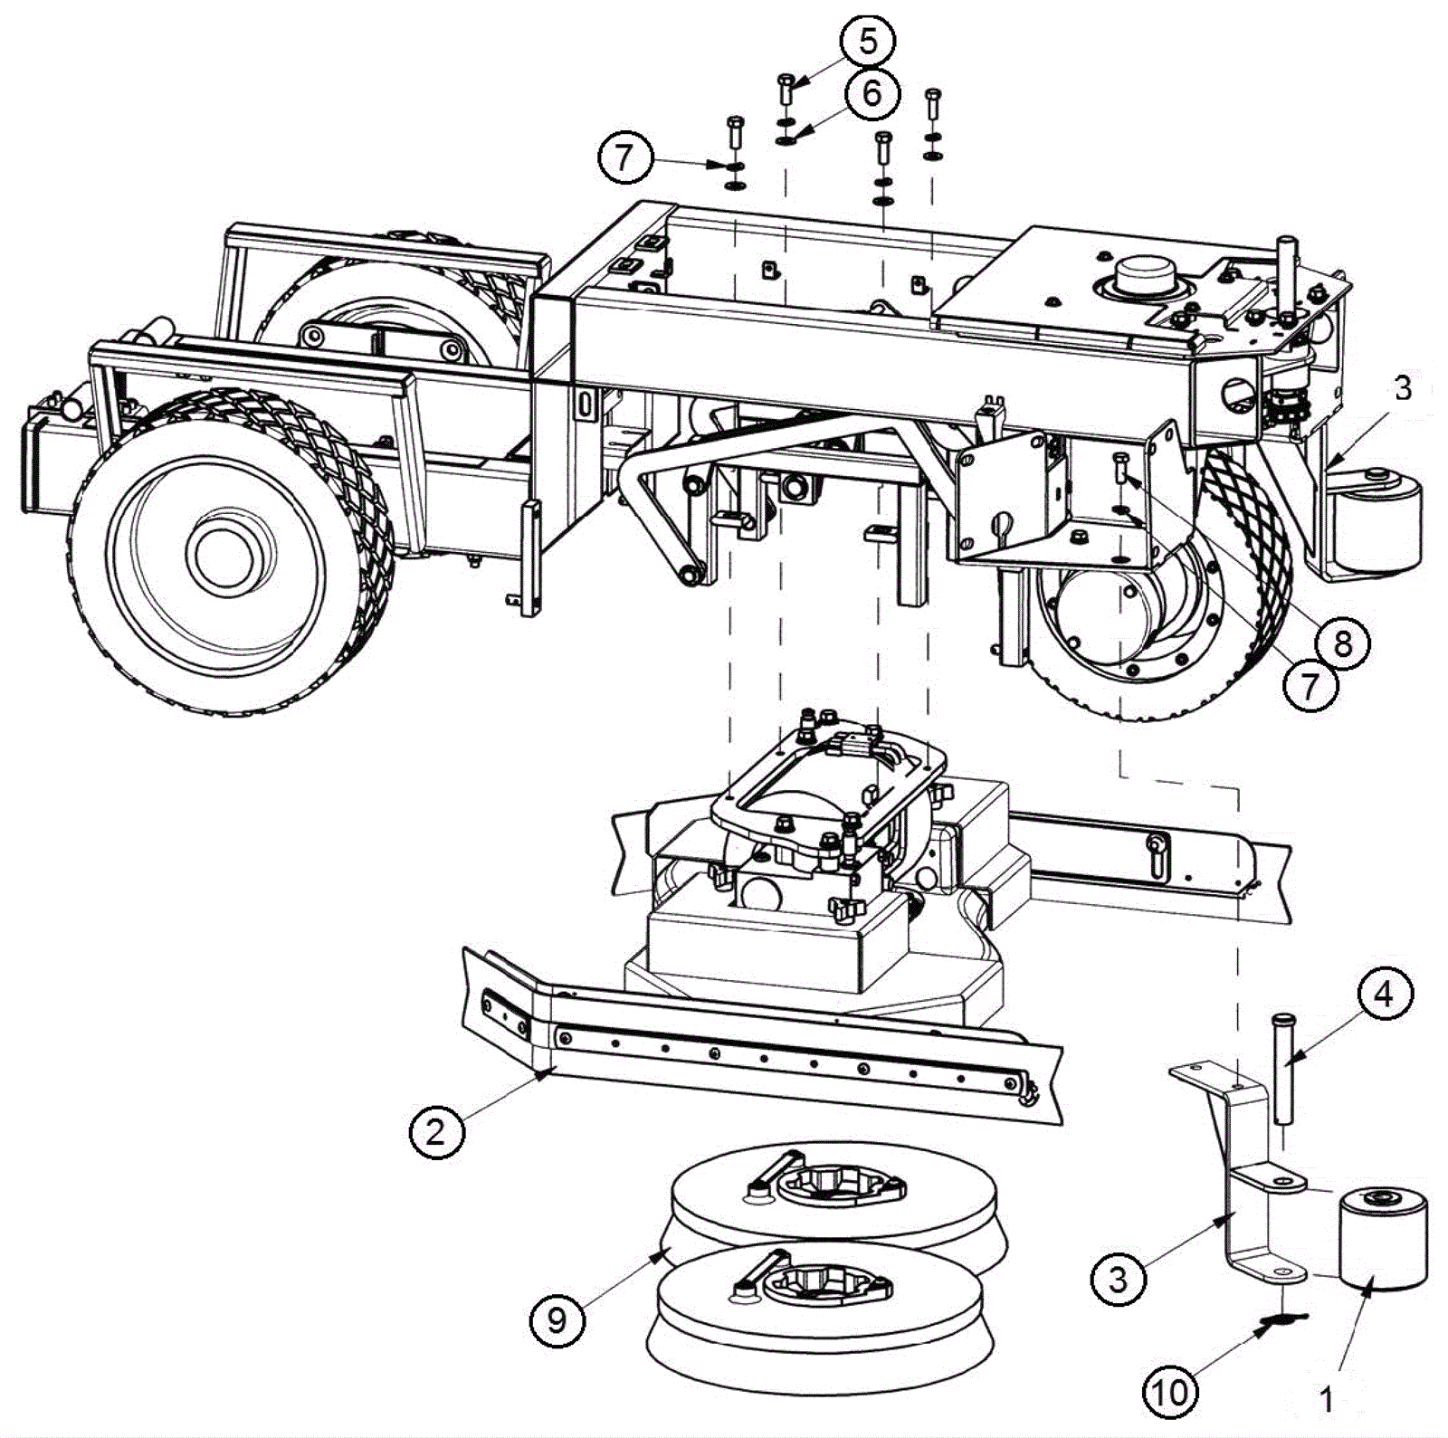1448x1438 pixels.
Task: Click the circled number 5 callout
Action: [866, 42]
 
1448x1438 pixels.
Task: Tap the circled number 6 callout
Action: [872, 92]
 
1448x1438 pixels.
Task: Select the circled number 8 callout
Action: [1342, 643]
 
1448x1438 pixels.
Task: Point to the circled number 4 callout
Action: [1384, 994]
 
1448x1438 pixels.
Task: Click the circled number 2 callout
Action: [436, 1130]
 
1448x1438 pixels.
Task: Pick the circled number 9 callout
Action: [557, 1320]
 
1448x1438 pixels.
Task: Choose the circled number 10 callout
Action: [1170, 1391]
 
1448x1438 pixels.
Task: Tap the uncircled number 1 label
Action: [1327, 1401]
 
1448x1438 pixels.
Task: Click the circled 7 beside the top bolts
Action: [624, 158]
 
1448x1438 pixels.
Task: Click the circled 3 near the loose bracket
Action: [1119, 1279]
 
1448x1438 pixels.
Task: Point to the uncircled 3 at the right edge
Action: [1402, 388]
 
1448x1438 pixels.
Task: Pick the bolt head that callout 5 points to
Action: [785, 83]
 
